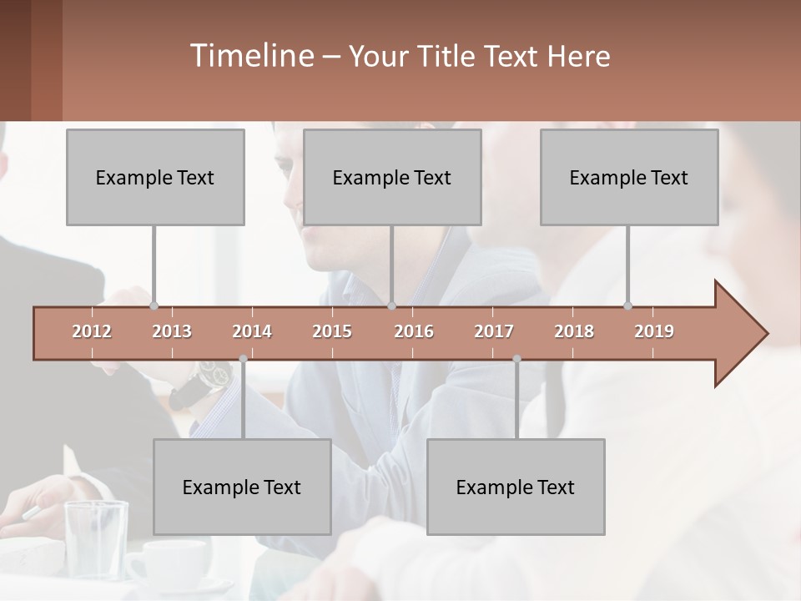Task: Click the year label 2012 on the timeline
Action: click(x=92, y=331)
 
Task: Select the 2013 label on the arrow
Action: click(x=172, y=331)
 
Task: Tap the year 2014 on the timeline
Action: click(x=252, y=331)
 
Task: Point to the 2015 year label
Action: click(x=332, y=331)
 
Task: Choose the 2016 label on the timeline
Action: click(x=414, y=331)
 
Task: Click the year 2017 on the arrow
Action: click(x=494, y=331)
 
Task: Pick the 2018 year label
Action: click(x=574, y=331)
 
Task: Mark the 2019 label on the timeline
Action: click(x=654, y=331)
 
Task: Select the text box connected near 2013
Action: click(x=155, y=177)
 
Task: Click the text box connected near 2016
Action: click(x=392, y=177)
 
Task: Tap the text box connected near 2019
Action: click(x=629, y=177)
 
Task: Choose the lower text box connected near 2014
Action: click(x=242, y=487)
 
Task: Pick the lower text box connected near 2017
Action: click(x=516, y=487)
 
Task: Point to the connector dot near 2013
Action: click(x=154, y=306)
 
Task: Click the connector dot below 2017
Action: click(x=516, y=359)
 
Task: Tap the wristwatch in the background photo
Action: click(x=208, y=380)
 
